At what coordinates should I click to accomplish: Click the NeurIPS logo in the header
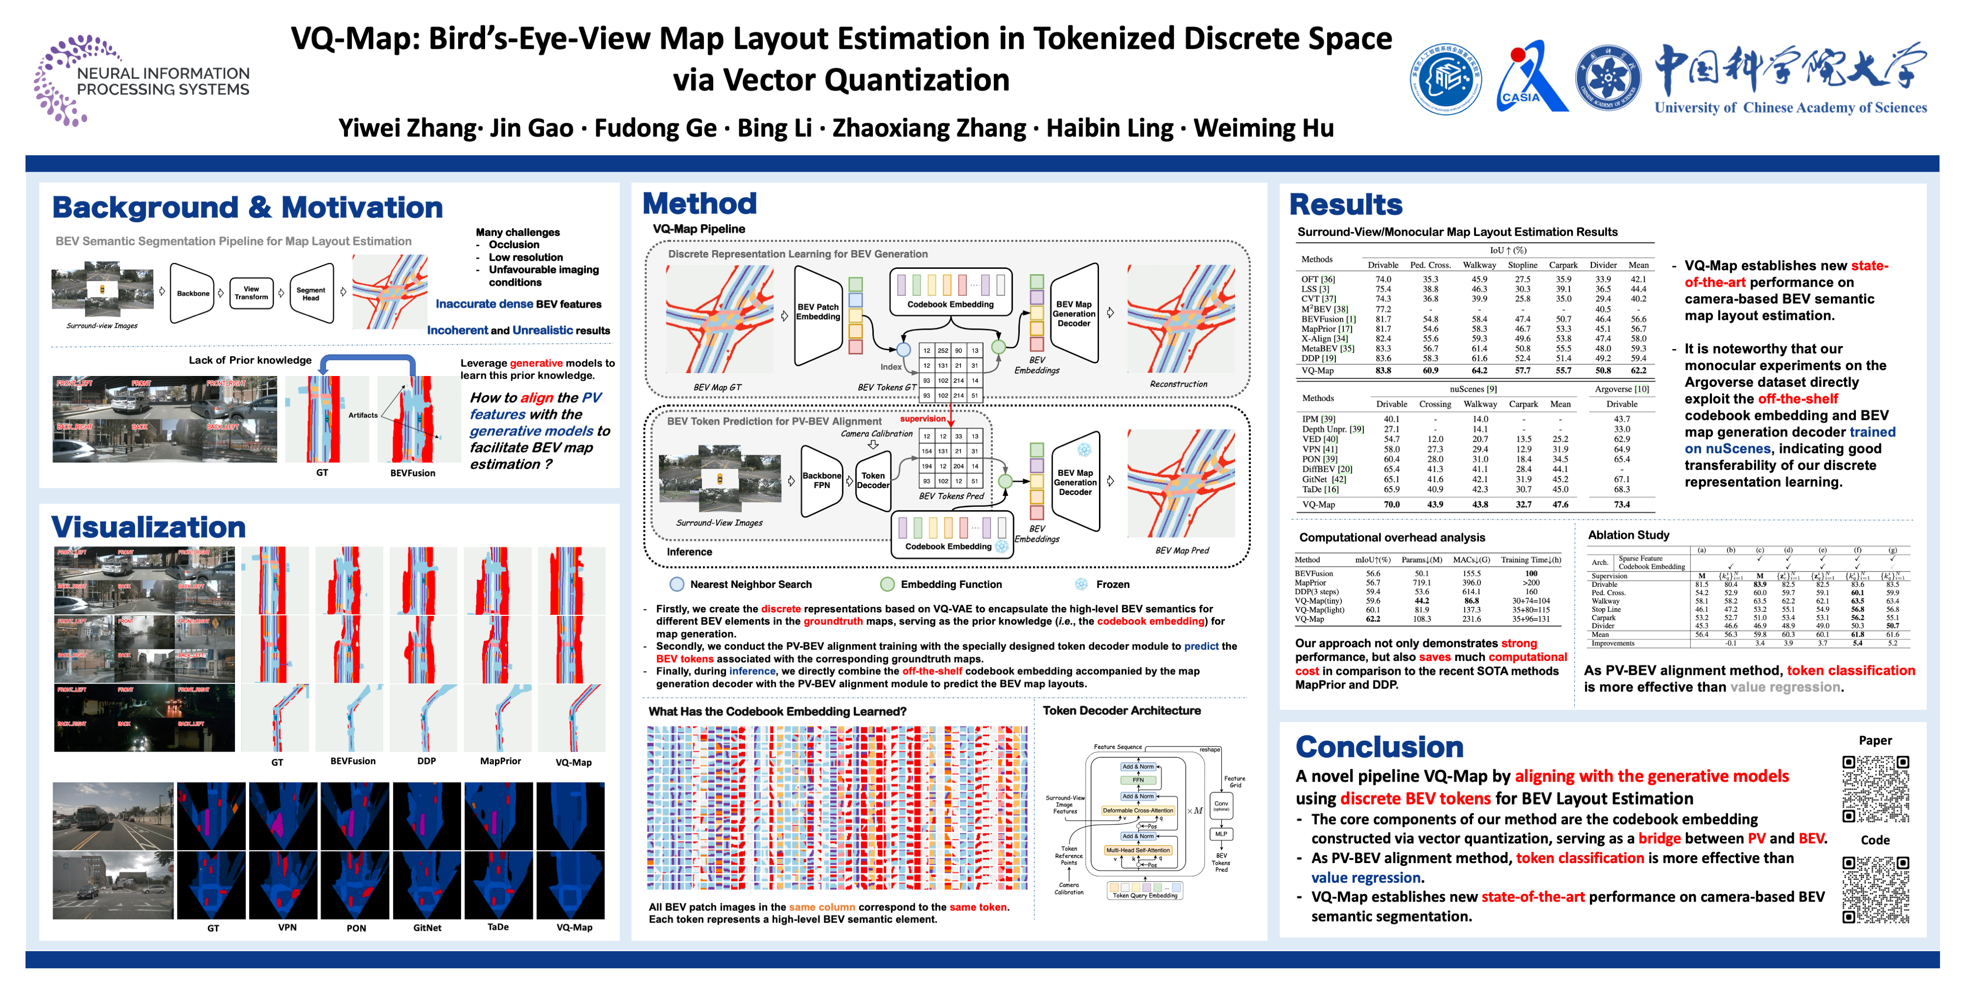[x=141, y=80]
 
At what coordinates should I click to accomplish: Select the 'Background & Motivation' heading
[x=247, y=207]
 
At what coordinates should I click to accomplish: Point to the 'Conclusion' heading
[x=1379, y=747]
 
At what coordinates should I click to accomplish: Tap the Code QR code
[x=1875, y=889]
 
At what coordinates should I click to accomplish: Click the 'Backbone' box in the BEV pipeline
[x=192, y=293]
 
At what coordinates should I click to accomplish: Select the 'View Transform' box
[x=251, y=293]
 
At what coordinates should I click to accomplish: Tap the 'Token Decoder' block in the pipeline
[x=872, y=480]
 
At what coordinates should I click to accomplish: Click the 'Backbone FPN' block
[x=821, y=480]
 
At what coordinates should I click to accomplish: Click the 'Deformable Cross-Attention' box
[x=1137, y=810]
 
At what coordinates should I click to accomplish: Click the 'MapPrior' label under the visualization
[x=500, y=761]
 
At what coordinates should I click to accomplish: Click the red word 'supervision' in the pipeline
[x=922, y=419]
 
